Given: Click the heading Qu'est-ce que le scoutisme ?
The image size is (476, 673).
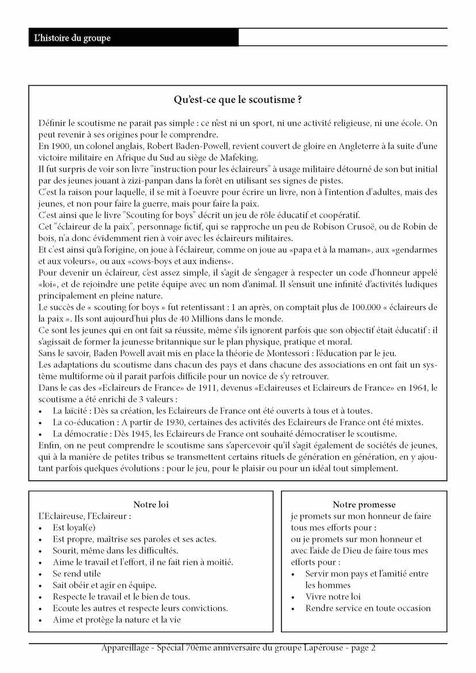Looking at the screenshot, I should [238, 100].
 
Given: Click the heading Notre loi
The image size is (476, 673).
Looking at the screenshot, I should [151, 504].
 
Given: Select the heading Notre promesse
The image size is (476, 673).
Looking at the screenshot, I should [364, 504].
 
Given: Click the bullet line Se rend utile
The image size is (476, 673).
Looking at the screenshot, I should [77, 573].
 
